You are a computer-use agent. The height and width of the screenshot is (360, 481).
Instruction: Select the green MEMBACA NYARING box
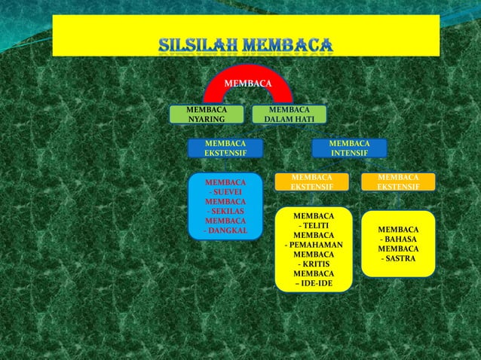(207, 114)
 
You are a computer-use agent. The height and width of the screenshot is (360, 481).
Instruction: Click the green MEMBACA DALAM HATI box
(289, 114)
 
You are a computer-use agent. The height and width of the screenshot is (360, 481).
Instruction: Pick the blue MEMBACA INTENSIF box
(349, 148)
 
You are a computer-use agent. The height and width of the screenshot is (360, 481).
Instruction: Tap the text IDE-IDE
(316, 283)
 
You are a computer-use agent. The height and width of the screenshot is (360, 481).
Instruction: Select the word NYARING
(207, 119)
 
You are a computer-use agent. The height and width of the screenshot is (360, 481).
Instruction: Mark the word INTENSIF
(349, 153)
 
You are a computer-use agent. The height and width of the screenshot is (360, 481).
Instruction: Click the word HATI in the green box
(309, 119)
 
